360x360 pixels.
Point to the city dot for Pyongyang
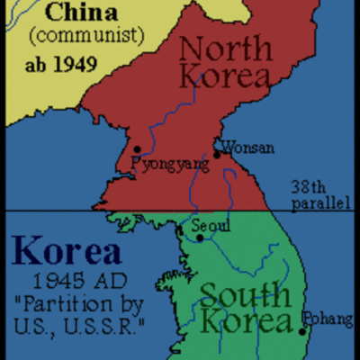(136, 149)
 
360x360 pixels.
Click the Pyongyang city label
(169, 165)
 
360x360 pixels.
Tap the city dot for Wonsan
(216, 155)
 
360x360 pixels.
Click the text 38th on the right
(308, 187)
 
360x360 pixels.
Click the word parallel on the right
(319, 203)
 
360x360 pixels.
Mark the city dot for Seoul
(200, 237)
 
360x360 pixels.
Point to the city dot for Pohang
(302, 331)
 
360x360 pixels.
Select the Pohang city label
(324, 318)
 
